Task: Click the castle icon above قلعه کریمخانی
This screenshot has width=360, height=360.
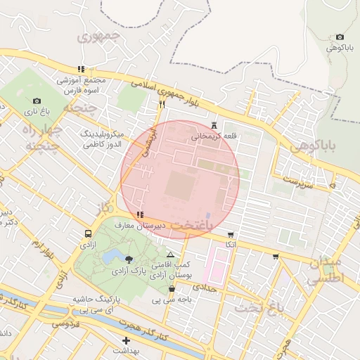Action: click(x=214, y=126)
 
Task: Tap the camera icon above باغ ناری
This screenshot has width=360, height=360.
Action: click(x=37, y=101)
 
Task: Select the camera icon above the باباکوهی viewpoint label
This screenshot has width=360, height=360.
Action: click(x=340, y=37)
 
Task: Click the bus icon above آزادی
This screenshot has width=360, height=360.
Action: click(x=88, y=234)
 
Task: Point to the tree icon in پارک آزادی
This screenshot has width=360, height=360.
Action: click(x=129, y=259)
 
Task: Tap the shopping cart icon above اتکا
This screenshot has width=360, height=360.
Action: click(x=231, y=234)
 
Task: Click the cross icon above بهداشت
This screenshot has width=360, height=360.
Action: click(x=126, y=340)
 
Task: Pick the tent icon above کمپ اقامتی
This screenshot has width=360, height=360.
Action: click(x=170, y=254)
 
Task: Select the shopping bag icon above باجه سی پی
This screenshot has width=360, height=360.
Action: click(x=172, y=289)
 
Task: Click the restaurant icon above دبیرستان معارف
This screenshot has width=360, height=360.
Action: click(x=141, y=214)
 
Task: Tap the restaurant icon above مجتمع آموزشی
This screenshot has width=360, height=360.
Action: click(x=82, y=70)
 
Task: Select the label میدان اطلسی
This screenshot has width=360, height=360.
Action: click(x=324, y=269)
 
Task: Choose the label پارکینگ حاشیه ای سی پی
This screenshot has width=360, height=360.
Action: click(x=98, y=304)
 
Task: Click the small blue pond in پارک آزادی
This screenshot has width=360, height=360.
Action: click(x=112, y=255)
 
